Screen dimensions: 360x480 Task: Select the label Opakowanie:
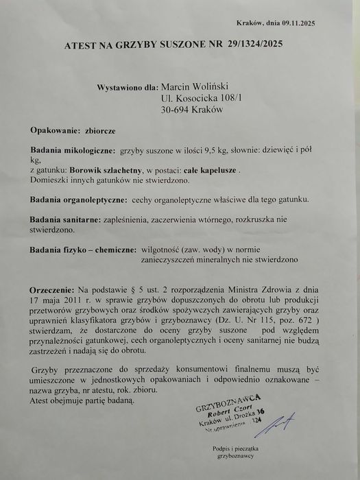pyautogui.click(x=54, y=130)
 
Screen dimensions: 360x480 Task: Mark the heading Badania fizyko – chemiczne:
pyautogui.click(x=81, y=250)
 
